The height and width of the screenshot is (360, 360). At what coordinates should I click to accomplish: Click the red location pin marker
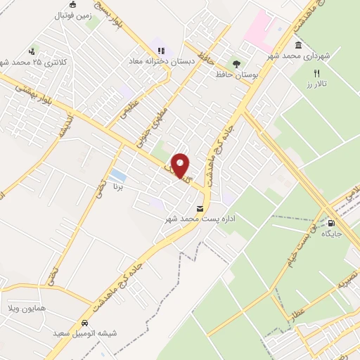(x=181, y=165)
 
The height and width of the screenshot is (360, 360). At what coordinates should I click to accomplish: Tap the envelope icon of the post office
(x=201, y=209)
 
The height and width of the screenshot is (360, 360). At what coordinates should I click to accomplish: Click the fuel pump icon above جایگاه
(x=331, y=224)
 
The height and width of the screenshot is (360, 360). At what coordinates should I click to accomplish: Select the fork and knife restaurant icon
(x=317, y=73)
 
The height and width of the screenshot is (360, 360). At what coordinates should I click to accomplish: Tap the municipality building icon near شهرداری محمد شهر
(x=299, y=46)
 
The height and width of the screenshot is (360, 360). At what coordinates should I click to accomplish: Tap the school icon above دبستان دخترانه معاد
(x=161, y=51)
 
